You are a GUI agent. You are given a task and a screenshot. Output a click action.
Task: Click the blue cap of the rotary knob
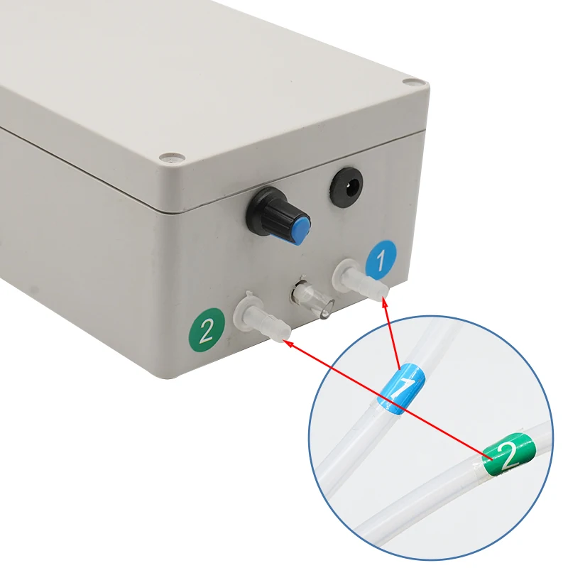click(301, 228)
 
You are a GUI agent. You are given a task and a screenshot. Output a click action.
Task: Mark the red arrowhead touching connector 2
click(288, 342)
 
